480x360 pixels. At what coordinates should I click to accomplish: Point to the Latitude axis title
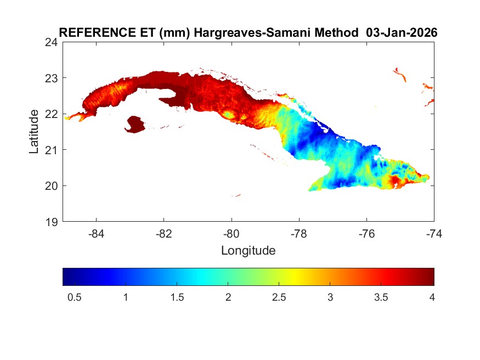[x=34, y=131]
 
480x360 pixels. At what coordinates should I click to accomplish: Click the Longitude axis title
[x=248, y=251]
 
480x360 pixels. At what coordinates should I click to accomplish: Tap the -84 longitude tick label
[x=97, y=234]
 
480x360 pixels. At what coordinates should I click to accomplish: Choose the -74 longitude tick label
[x=434, y=234]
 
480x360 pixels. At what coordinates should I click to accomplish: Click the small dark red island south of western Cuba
[x=135, y=124]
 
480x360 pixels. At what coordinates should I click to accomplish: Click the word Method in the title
[x=336, y=33]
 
